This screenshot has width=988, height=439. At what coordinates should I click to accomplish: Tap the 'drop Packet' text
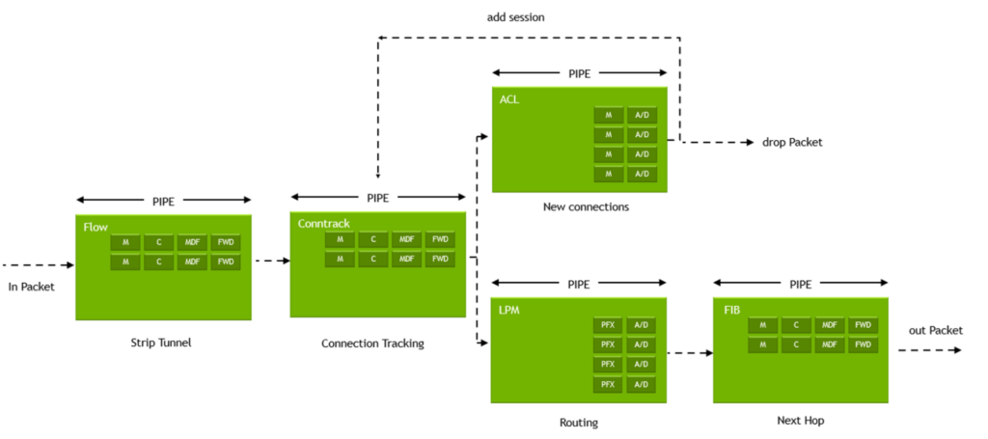[x=792, y=143]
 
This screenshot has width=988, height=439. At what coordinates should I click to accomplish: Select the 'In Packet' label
[x=32, y=287]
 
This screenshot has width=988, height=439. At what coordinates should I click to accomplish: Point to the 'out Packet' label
[x=935, y=330]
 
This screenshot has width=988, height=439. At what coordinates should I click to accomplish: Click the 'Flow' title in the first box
[x=95, y=227]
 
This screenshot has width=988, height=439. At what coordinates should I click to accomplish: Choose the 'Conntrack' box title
[x=323, y=224]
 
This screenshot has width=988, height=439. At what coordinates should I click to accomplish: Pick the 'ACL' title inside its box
[x=508, y=99]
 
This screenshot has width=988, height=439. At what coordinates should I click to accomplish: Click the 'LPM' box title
[x=509, y=311]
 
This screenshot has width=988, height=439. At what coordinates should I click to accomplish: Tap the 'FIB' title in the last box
[x=731, y=311]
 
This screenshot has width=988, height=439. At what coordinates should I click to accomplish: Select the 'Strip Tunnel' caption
[x=161, y=343]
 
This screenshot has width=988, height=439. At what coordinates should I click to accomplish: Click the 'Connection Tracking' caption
[x=372, y=343]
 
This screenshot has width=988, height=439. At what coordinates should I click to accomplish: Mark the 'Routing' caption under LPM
[x=579, y=423]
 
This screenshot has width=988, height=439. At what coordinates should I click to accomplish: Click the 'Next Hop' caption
[x=800, y=421]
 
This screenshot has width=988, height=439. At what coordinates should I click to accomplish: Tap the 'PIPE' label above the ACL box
[x=579, y=73]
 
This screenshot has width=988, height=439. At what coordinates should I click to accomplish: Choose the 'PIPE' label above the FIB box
[x=800, y=285]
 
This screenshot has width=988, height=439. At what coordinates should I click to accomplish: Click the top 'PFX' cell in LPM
[x=608, y=325]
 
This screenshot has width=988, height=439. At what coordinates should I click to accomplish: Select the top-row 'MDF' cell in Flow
[x=192, y=241]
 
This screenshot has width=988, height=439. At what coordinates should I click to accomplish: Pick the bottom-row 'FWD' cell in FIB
[x=863, y=344]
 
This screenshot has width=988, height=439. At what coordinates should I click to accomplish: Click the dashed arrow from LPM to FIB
[x=689, y=353]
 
